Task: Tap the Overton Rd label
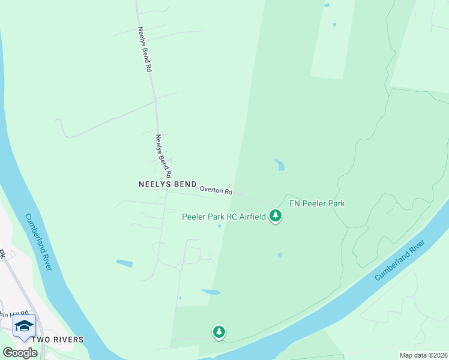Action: [215, 190]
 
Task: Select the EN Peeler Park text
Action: [317, 203]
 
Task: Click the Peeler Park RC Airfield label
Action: [224, 216]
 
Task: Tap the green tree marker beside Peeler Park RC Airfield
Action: [275, 215]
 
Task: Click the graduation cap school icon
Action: [24, 326]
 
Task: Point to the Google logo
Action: [20, 352]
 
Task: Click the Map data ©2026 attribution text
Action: [423, 355]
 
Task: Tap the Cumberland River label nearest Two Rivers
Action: [38, 242]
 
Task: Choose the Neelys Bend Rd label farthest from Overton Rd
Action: [144, 49]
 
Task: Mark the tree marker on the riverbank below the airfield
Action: [219, 331]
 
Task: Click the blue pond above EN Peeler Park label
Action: [280, 164]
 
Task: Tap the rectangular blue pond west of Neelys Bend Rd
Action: [124, 263]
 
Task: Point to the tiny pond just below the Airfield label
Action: [220, 226]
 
